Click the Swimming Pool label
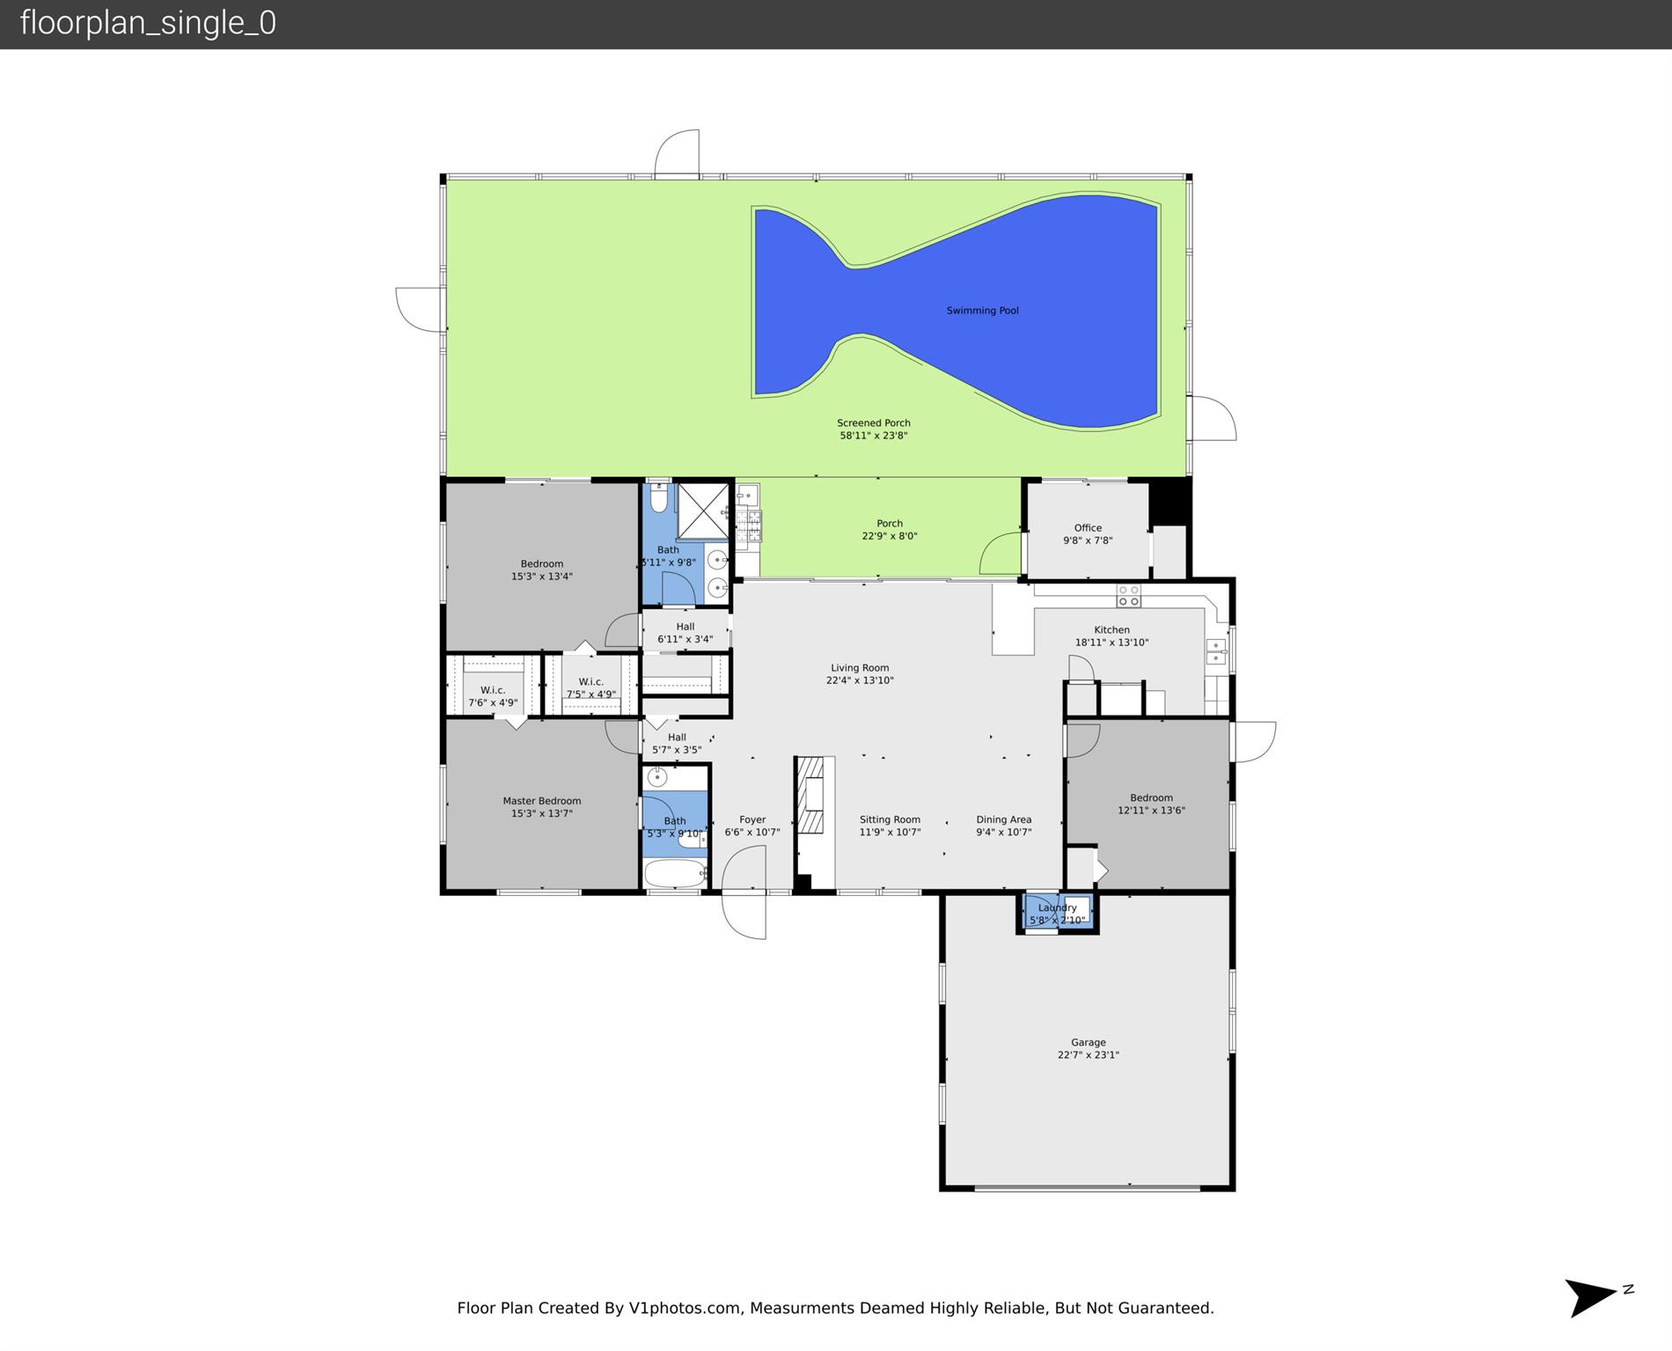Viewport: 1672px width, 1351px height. [x=982, y=311]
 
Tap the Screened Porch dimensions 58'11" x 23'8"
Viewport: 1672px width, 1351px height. [x=873, y=436]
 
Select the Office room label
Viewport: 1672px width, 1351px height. [x=1088, y=528]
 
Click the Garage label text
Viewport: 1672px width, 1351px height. [x=1089, y=1042]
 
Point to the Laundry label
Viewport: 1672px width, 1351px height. [x=1057, y=908]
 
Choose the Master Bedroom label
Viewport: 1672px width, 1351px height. [x=542, y=801]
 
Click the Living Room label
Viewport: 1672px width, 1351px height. [x=860, y=668]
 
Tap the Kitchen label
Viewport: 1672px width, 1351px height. [x=1111, y=630]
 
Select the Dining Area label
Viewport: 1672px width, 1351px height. [x=1003, y=819]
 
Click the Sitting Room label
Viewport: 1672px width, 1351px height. [x=890, y=819]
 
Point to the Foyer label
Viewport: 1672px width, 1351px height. [x=752, y=819]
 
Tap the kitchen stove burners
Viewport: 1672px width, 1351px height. [x=1128, y=596]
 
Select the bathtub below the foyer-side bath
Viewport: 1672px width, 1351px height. [x=675, y=873]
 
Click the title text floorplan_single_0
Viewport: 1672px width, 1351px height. [x=148, y=23]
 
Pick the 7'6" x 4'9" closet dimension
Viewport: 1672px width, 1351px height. [x=493, y=703]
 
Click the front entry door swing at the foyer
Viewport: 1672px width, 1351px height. [x=744, y=892]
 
